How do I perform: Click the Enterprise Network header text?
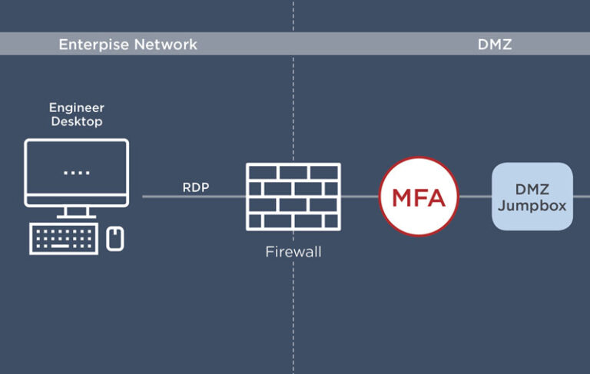pos(128,45)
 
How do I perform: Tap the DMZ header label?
pos(495,45)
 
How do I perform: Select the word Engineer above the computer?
pos(76,108)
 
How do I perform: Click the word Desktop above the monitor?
pos(76,121)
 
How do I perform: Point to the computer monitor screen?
pos(76,171)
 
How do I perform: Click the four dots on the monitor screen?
pos(76,173)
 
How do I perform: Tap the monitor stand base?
pos(76,215)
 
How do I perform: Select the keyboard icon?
pos(64,239)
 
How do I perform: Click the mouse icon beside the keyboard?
pos(115,238)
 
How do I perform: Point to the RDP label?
pos(195,187)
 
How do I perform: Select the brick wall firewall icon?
pos(293,197)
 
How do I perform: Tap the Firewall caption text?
pos(293,251)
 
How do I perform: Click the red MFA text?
pos(419,197)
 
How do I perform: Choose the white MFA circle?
pos(419,173)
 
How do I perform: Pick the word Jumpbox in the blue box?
pos(532,205)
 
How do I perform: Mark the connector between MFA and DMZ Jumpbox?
pos(475,197)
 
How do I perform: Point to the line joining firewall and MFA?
pos(360,197)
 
